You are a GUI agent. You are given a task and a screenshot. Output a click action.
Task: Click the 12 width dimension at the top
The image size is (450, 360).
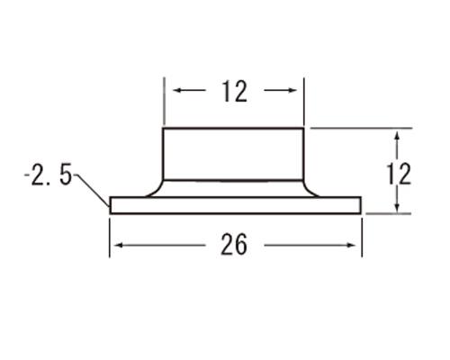[233, 92]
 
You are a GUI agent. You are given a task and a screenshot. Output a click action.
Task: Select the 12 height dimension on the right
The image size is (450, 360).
[402, 172]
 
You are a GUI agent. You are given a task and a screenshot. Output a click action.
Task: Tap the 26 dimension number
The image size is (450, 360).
[234, 244]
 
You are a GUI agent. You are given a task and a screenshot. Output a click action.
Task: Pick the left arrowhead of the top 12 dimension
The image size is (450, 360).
[175, 91]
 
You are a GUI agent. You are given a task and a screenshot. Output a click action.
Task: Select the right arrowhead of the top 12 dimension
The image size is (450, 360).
[293, 91]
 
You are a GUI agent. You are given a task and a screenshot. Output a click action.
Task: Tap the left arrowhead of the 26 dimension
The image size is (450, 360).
[115, 244]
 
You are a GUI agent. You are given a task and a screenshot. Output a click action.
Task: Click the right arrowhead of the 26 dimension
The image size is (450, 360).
[355, 244]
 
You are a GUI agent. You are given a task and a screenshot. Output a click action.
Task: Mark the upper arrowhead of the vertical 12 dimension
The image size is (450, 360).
[397, 135]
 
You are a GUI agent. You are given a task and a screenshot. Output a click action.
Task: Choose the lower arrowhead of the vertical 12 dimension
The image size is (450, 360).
[397, 208]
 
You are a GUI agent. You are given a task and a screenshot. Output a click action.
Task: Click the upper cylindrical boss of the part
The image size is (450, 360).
[234, 154]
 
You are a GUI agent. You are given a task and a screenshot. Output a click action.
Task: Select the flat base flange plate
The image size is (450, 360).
[234, 205]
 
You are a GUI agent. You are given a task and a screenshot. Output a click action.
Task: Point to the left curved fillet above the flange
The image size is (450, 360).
[155, 187]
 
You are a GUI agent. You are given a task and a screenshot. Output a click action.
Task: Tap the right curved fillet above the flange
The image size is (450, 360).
[313, 187]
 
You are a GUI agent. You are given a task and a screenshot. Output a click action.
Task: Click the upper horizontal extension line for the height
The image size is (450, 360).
[360, 129]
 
